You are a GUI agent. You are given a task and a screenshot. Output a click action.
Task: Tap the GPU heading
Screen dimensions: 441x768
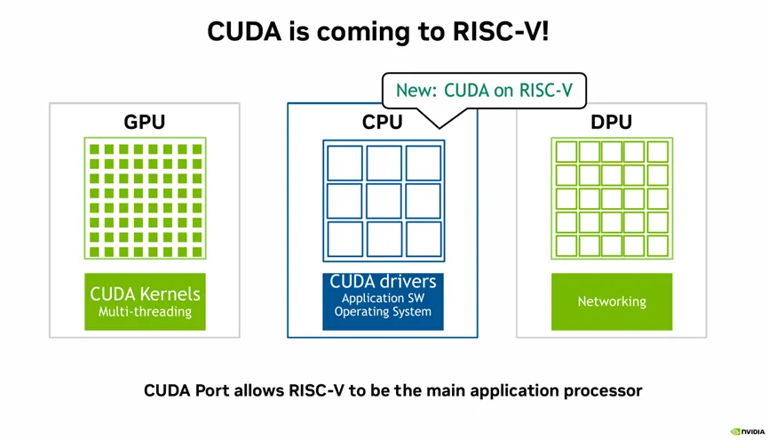[144, 123]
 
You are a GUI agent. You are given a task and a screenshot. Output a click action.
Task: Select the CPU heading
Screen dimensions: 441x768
[382, 123]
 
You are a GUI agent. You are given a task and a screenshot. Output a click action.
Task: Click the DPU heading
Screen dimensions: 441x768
[611, 123]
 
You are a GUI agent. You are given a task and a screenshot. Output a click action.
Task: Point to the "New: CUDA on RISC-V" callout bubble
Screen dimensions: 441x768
[484, 90]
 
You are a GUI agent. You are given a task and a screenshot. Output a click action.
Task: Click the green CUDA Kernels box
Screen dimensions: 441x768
[145, 301]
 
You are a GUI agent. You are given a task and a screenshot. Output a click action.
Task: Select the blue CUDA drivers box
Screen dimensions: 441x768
[383, 301]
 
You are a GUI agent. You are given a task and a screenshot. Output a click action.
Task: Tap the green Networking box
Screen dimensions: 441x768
[611, 301]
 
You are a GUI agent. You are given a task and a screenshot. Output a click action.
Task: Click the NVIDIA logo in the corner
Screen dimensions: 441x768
[747, 431]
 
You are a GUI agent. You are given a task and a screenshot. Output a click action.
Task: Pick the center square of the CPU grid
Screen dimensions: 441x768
[384, 201]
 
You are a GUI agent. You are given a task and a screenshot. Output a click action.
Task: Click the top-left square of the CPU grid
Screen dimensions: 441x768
[344, 163]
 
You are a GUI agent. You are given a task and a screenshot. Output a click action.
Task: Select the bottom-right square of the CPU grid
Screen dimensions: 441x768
[423, 239]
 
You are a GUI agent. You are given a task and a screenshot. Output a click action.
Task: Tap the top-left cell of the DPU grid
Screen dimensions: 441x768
[566, 152]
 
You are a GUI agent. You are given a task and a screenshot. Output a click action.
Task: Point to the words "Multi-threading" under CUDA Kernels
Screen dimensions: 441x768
[145, 312]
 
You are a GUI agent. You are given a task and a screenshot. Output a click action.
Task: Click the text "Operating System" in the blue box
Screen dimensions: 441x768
[383, 312]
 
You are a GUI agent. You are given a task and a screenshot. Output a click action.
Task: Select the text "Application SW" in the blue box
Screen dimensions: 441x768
[383, 299]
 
